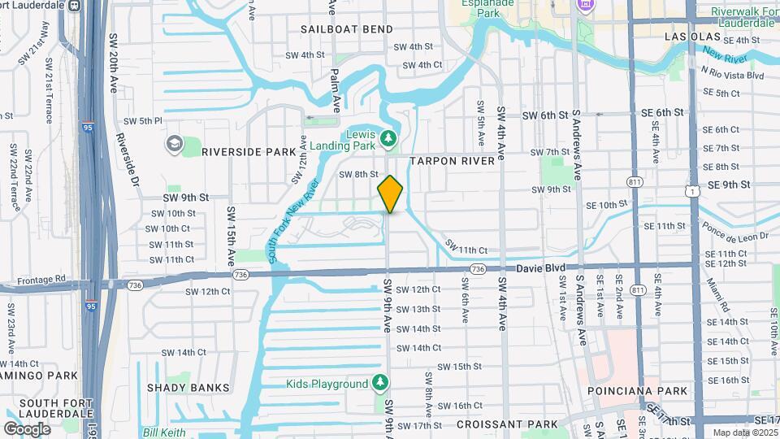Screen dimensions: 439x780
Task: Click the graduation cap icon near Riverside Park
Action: (174, 144)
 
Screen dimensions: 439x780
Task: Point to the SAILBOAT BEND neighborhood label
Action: (346, 29)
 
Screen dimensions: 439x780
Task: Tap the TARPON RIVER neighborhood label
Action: (452, 161)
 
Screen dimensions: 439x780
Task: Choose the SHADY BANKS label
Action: (188, 388)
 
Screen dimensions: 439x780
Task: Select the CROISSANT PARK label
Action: (507, 424)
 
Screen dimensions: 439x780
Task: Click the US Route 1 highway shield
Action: (691, 189)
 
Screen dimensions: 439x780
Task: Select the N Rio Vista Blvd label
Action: (733, 75)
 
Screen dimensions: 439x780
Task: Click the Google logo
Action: (27, 428)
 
